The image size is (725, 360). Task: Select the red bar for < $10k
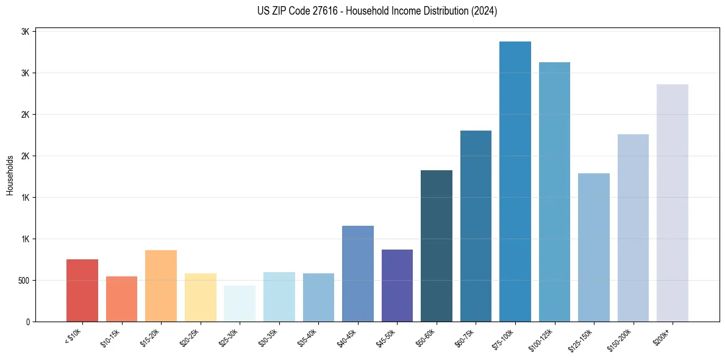[x=82, y=290]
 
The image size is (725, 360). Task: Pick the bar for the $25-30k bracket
[x=240, y=303]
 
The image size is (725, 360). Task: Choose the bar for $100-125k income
[x=554, y=192]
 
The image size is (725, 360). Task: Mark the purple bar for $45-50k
[x=397, y=286]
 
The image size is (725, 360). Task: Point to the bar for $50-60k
[x=437, y=246]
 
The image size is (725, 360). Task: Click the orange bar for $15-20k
[x=161, y=286]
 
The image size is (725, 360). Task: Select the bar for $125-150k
[x=594, y=247]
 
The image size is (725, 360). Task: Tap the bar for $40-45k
[x=358, y=273]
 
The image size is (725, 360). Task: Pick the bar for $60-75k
[x=476, y=226]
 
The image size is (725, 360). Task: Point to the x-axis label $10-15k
[x=110, y=337]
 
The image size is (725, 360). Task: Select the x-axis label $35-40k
[x=307, y=337]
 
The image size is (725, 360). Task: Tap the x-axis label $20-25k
[x=189, y=337]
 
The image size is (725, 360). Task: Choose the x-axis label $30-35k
[x=268, y=337]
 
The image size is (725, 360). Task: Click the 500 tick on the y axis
[x=24, y=281]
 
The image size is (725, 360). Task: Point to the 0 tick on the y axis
[x=27, y=322]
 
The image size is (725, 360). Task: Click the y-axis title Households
[x=10, y=175]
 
